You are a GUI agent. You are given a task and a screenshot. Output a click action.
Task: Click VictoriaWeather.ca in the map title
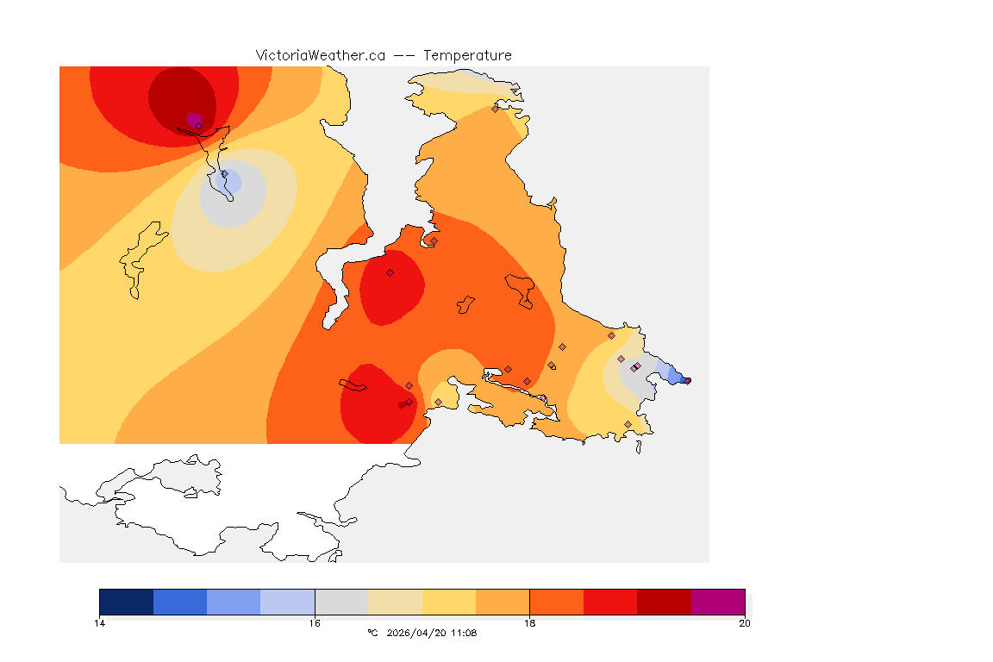click(x=320, y=55)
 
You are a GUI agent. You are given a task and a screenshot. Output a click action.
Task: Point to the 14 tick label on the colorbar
click(x=100, y=623)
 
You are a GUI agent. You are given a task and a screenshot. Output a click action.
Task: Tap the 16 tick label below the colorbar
click(x=315, y=623)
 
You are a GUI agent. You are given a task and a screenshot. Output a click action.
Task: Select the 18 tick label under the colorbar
click(x=529, y=623)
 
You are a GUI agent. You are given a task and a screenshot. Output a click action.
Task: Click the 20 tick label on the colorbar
click(x=744, y=623)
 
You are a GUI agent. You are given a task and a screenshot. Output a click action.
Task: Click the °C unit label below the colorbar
click(x=372, y=634)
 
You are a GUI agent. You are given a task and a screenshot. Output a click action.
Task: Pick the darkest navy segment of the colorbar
click(x=127, y=602)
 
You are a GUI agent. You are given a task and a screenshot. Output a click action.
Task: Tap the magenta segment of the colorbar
click(x=718, y=602)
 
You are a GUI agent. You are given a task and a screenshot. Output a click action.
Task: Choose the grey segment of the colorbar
click(x=341, y=602)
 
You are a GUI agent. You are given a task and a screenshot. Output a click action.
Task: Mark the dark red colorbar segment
click(x=664, y=602)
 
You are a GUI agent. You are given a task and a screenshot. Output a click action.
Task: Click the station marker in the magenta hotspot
click(x=198, y=126)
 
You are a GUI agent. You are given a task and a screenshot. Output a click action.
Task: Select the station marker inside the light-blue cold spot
click(x=225, y=174)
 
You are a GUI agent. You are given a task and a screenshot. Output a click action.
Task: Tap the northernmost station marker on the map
click(x=495, y=109)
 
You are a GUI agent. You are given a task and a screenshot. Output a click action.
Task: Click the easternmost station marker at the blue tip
click(x=687, y=380)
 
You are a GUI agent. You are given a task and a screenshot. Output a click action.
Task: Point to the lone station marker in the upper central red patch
click(x=390, y=272)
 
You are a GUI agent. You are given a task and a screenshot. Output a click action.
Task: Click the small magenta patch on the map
click(x=194, y=118)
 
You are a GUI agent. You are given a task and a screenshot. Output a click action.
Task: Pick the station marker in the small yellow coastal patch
click(x=438, y=402)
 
